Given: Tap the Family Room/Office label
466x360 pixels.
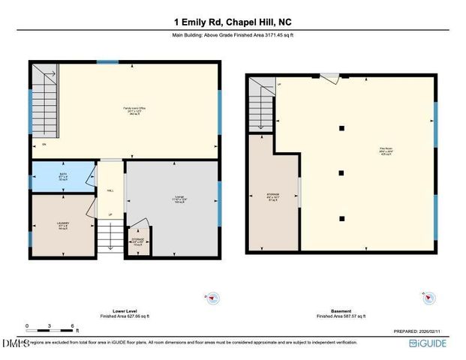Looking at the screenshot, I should point(134,109).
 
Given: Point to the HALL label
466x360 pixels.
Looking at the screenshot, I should point(110,190).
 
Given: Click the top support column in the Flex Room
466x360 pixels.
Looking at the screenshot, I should point(341,128).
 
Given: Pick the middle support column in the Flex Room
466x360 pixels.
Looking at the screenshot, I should point(341,172).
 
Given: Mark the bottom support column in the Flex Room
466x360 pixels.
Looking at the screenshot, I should point(341,218).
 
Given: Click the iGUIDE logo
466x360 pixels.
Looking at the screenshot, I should point(428,343).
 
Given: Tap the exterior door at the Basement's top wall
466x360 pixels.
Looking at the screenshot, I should point(329,76).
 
